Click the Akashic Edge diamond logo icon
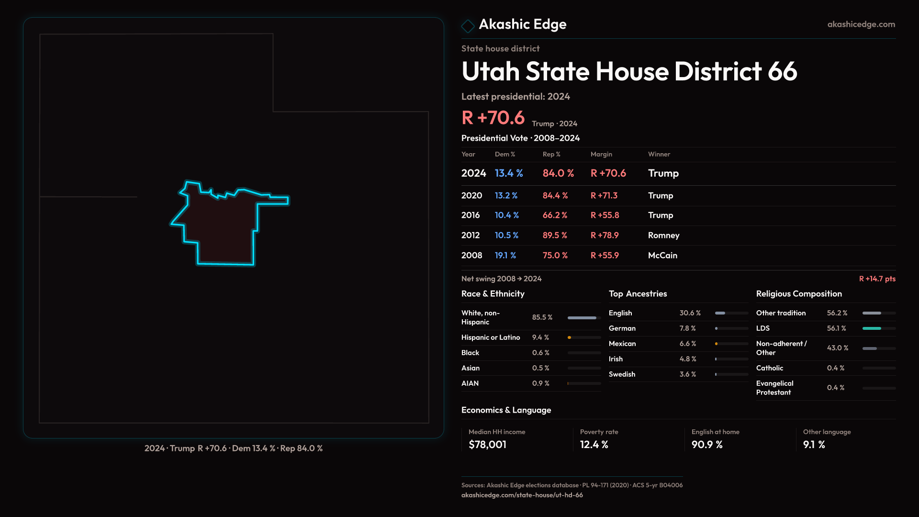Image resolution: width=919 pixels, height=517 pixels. click(468, 26)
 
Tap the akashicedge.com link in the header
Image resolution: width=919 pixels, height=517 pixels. click(861, 24)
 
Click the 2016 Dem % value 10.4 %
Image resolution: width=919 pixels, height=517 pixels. click(506, 215)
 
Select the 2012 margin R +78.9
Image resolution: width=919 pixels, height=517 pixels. click(604, 236)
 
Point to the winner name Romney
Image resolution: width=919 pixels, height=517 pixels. click(663, 236)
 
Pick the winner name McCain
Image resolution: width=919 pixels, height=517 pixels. click(662, 256)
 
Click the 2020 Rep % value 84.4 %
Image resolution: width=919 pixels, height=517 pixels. click(555, 196)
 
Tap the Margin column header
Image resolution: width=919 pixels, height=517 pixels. click(601, 154)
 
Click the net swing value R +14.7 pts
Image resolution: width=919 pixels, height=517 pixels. click(877, 279)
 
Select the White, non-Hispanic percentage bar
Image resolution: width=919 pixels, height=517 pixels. click(582, 318)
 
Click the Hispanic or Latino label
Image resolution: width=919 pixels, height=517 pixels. click(490, 337)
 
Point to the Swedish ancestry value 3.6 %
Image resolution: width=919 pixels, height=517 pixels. click(687, 374)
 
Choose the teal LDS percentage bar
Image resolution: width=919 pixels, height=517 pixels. click(872, 328)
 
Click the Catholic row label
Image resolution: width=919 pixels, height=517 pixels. click(769, 368)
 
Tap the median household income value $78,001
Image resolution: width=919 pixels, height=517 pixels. click(487, 445)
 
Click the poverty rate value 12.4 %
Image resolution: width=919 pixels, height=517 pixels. click(594, 445)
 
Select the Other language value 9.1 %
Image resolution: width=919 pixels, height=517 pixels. click(814, 445)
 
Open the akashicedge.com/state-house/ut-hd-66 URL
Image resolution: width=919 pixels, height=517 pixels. click(522, 495)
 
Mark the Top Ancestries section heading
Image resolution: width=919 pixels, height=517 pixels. click(638, 294)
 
